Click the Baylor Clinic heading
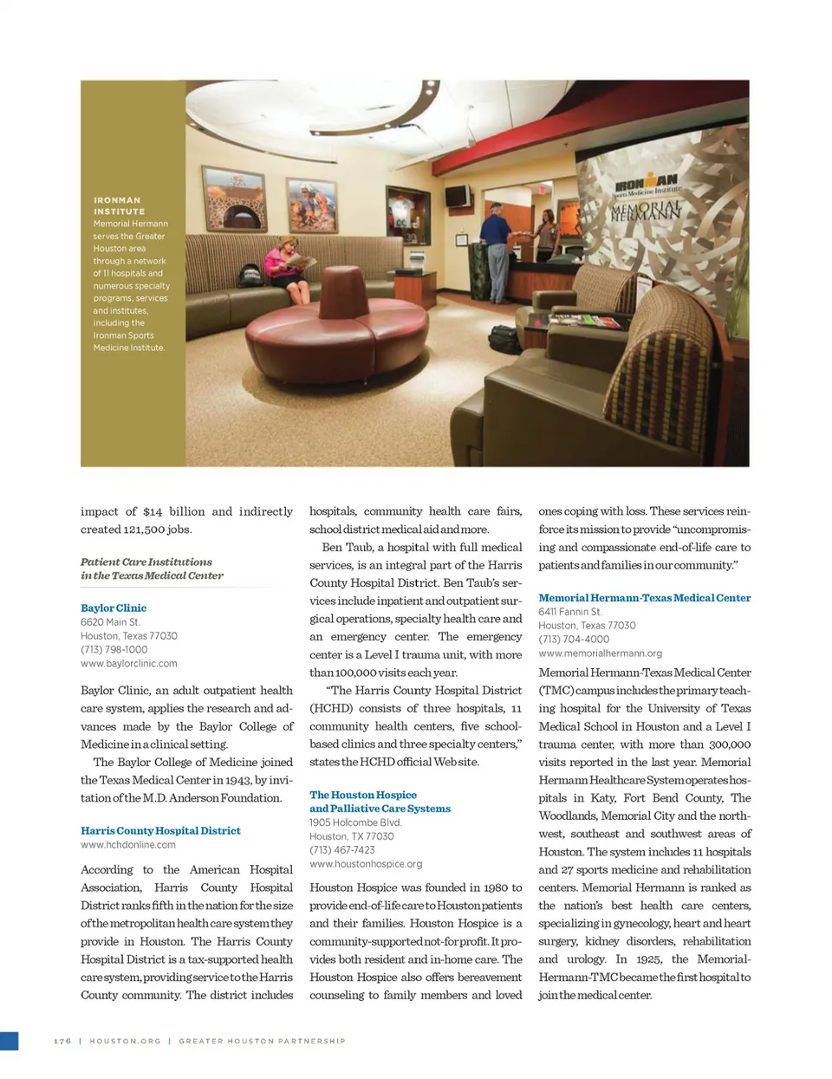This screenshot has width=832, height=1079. coord(114,608)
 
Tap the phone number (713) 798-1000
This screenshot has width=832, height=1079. coord(114,650)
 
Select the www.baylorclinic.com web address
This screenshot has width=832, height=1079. coord(129,664)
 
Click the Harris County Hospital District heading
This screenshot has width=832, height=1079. coord(160,831)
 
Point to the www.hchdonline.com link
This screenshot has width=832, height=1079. coord(128,845)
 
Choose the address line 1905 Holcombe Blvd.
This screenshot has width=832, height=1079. coord(355,822)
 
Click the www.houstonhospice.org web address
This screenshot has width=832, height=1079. coord(366,864)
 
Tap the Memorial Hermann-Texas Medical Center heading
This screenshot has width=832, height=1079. coord(644,598)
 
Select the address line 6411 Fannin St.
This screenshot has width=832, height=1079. coord(570,612)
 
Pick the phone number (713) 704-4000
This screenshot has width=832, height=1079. coord(574,640)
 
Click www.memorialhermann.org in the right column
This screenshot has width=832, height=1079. coord(600,653)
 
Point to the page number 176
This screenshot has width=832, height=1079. coord(62,1041)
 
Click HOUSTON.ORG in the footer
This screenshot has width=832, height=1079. coord(126,1041)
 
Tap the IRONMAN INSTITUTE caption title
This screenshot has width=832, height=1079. coord(119,205)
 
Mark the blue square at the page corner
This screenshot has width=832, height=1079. coord(9,1041)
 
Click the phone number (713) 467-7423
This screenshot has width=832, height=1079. coord(342,850)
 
